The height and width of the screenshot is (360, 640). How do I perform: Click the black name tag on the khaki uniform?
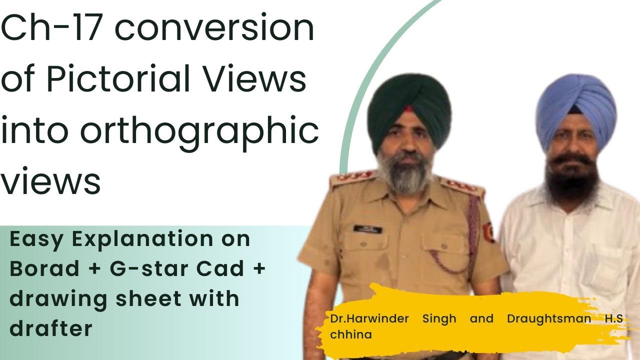pos(367,228)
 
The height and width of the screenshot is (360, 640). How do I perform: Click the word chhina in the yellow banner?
pos(351,334)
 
